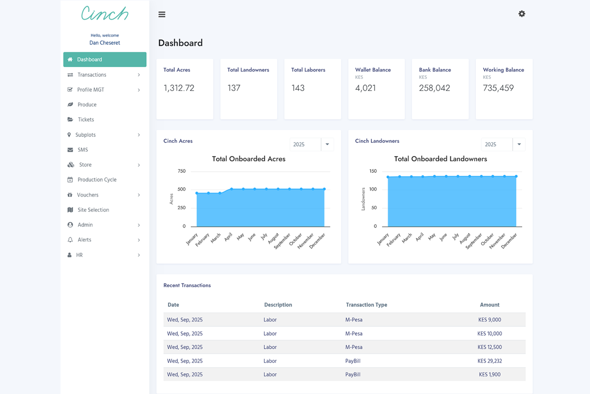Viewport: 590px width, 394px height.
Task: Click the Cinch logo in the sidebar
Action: pos(105,13)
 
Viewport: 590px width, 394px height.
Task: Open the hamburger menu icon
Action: pos(162,15)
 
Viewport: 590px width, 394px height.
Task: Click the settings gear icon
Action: pos(522,14)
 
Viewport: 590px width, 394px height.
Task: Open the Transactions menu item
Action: pos(92,75)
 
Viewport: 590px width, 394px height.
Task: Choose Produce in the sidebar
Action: pos(87,105)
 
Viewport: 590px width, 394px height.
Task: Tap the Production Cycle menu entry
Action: pos(97,180)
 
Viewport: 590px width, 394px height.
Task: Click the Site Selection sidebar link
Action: pos(93,210)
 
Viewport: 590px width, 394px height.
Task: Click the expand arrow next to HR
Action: pos(139,255)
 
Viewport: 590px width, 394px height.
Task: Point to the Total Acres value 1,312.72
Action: pos(179,88)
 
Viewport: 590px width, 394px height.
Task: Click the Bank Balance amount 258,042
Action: pos(435,88)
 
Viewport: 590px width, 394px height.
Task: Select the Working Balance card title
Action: pos(503,70)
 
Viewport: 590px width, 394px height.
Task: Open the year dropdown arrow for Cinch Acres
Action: pos(327,144)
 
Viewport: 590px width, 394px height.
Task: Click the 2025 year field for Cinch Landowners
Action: pos(496,144)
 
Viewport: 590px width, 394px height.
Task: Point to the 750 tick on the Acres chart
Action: pos(181,171)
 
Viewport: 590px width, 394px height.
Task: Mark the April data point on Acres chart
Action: pos(232,189)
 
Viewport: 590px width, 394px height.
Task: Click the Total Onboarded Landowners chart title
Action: pos(441,159)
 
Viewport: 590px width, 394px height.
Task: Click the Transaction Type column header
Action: pos(366,305)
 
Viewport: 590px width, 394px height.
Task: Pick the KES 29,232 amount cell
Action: pos(490,361)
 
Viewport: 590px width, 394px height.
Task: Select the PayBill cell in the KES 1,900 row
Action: pos(353,375)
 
